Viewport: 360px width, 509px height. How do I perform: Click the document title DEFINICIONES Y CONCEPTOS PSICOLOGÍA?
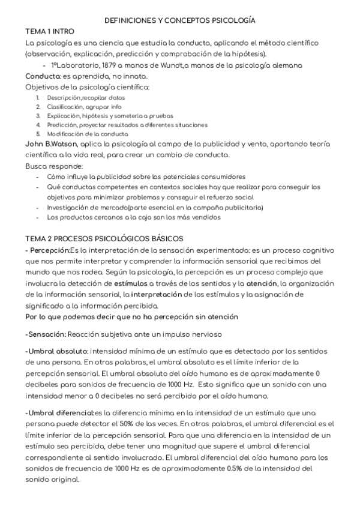click(180, 20)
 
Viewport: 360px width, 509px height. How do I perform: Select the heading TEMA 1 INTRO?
click(50, 31)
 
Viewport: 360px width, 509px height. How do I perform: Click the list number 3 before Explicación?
click(38, 116)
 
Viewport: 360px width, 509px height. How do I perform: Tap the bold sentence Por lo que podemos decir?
click(131, 316)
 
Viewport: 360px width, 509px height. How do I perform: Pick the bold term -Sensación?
click(46, 334)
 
